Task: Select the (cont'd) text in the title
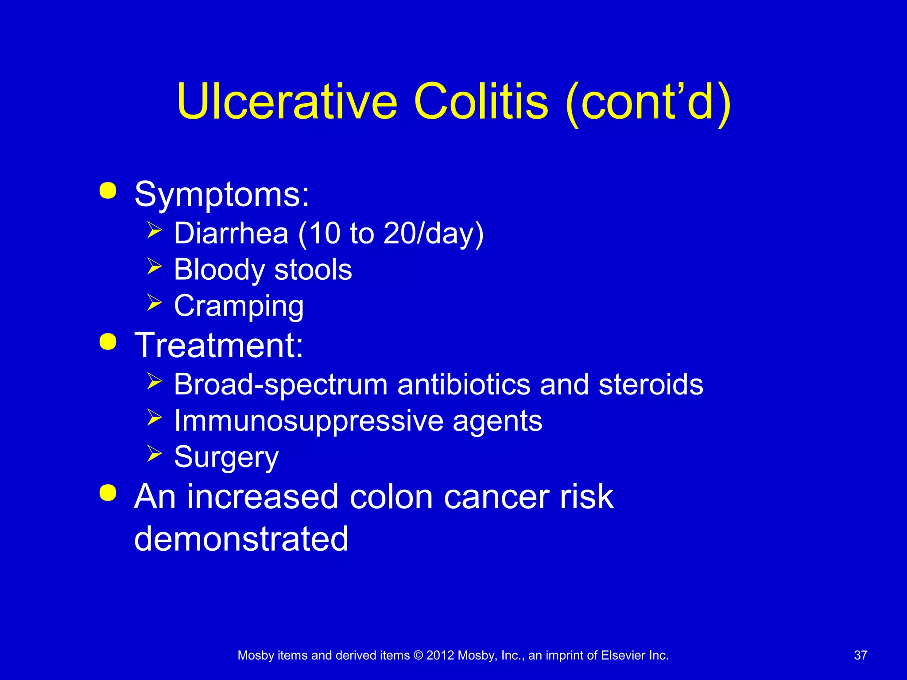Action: tap(648, 103)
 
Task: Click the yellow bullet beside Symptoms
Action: tap(108, 191)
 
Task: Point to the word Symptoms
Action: tap(221, 195)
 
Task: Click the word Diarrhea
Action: tap(231, 233)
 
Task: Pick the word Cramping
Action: tap(239, 306)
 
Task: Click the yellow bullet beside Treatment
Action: tap(108, 341)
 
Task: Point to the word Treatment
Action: tap(219, 345)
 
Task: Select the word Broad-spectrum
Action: tap(281, 385)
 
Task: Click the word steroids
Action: tap(651, 384)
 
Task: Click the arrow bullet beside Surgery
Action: tap(155, 453)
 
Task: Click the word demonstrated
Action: tap(241, 539)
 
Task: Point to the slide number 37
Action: tap(860, 655)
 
